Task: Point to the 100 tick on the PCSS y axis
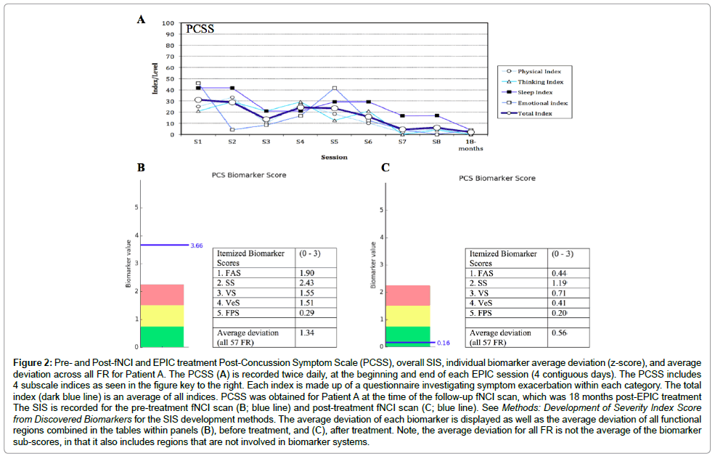[x=168, y=23]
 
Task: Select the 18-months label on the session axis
[x=470, y=146]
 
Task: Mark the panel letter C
[x=385, y=168]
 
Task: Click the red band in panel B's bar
[x=162, y=295]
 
